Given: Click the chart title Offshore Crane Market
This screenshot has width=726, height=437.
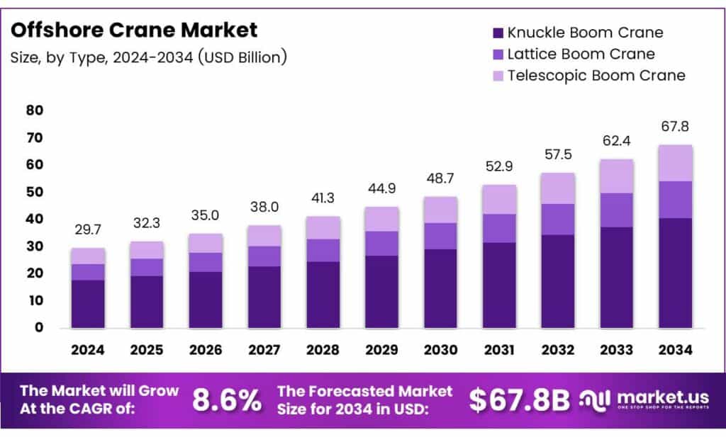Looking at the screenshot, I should coord(135,30).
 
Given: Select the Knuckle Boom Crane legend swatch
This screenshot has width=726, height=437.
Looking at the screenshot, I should coord(496,33).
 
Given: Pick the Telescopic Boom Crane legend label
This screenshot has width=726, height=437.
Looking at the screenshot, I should coord(596,75).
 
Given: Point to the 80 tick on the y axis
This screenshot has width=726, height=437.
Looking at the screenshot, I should coord(35,110).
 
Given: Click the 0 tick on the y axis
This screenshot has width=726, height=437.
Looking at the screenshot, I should coord(39,328).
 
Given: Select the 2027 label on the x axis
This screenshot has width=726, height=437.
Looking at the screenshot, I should coord(264,350).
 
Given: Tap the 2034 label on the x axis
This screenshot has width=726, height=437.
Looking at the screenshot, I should coord(675,350).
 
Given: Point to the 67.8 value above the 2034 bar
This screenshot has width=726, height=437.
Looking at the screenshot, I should coord(675,127).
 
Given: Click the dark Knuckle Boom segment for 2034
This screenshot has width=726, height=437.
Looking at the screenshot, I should coord(675,273).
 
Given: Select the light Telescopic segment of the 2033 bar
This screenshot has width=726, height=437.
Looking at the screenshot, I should coord(616,176).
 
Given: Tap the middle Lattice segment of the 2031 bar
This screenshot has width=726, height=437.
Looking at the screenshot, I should coord(499,228).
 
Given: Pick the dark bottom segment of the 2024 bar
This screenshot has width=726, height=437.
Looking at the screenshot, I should coord(88,304).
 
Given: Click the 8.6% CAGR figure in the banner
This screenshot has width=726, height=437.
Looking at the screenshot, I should coord(227,401).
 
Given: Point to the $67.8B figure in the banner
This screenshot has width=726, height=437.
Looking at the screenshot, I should coord(519,401).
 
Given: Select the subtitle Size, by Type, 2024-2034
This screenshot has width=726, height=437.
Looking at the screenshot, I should coord(149,57).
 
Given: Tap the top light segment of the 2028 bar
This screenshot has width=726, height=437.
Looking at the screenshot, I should coord(323,228).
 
